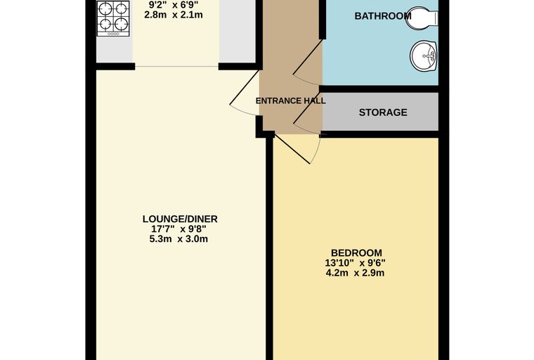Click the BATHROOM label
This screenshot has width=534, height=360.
(383, 16)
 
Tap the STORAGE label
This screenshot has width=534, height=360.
(383, 112)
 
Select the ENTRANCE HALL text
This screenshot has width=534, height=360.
(290, 101)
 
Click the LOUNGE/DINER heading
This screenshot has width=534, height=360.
(180, 219)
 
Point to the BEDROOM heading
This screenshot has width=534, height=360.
(356, 253)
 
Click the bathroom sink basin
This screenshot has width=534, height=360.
(424, 56)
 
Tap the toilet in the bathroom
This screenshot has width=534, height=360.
(422, 18)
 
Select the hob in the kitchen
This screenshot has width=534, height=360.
(113, 18)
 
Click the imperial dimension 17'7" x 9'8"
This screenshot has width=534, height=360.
(178, 229)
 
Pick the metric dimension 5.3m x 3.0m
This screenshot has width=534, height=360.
(178, 238)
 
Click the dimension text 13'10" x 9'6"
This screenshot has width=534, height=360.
(356, 263)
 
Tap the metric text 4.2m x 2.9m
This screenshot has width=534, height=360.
(356, 273)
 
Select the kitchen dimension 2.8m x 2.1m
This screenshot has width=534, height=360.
(174, 15)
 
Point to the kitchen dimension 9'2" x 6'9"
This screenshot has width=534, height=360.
(174, 5)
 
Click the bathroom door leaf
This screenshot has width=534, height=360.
(308, 57)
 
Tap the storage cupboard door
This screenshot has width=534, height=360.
(308, 108)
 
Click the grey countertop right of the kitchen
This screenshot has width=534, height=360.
(237, 32)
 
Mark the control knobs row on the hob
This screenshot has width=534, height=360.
(113, 34)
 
